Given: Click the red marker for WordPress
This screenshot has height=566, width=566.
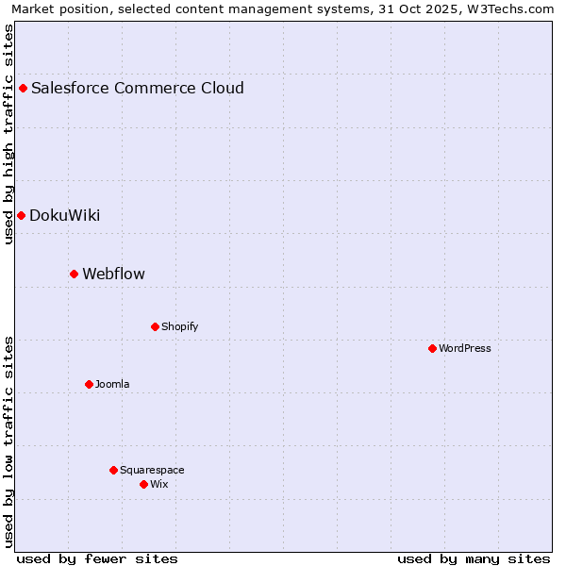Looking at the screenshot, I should [x=432, y=348].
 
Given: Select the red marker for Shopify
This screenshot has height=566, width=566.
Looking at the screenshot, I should [x=155, y=326].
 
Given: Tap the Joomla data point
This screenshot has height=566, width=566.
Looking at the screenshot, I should [x=89, y=384].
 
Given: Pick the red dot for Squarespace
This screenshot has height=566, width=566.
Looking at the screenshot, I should [x=113, y=470].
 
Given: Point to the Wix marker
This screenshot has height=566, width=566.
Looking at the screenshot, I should [x=143, y=484].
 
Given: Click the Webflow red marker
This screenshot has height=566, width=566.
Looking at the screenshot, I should [x=74, y=274].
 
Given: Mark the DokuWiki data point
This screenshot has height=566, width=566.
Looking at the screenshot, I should [x=21, y=215].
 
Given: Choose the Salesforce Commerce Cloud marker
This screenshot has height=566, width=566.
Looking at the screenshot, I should [x=23, y=88].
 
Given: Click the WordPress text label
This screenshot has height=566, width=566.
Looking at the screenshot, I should [x=465, y=348].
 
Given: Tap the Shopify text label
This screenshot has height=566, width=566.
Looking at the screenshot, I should [x=180, y=326].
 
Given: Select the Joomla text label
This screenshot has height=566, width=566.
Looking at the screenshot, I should [x=112, y=384].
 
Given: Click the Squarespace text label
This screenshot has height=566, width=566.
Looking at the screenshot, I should [x=152, y=470].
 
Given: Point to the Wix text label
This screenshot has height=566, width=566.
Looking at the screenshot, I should [x=158, y=484].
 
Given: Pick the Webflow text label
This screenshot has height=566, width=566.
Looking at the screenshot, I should [x=114, y=274].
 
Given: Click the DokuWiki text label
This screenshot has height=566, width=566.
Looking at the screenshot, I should [x=65, y=215].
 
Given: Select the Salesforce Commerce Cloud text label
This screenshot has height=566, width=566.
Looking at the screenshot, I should [x=138, y=88].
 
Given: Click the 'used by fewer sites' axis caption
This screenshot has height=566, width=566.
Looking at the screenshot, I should [x=97, y=558].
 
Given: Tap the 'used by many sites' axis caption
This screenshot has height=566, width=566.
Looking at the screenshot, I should [x=474, y=558].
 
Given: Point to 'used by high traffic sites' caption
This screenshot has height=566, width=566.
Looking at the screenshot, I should [x=8, y=134].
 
